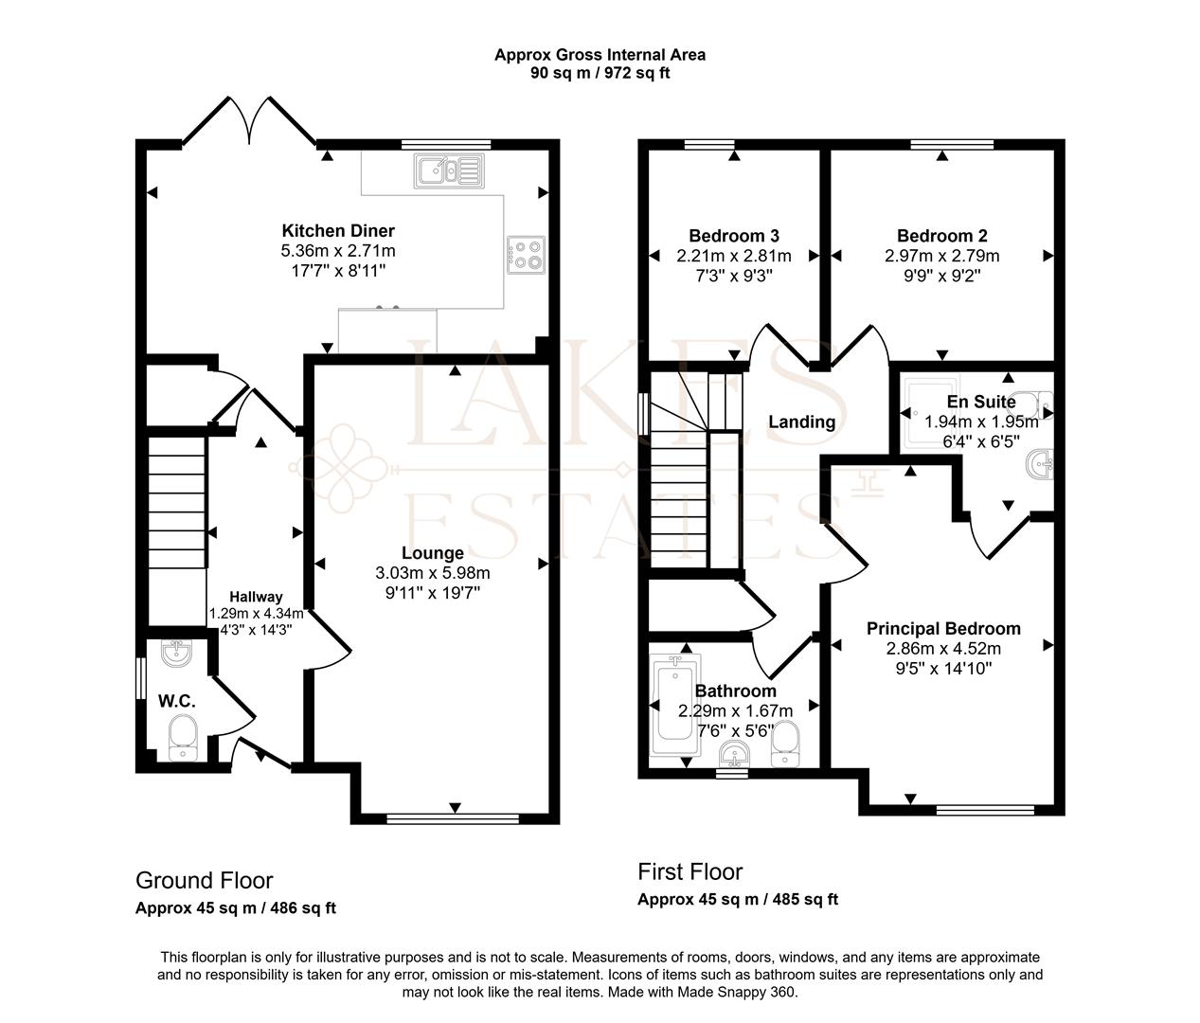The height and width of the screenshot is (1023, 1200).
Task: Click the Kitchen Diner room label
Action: click(338, 231)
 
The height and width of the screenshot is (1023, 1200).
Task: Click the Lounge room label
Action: click(433, 553)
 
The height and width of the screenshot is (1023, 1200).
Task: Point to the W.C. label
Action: click(177, 701)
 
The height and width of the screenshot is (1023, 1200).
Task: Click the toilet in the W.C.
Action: click(182, 737)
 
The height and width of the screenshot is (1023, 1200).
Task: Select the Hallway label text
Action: click(256, 597)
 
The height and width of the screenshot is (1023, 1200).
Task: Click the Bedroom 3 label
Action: click(734, 236)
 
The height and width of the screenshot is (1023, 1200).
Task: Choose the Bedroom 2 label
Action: click(942, 236)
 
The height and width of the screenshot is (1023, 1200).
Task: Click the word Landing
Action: click(801, 422)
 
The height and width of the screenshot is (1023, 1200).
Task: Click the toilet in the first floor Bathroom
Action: click(785, 742)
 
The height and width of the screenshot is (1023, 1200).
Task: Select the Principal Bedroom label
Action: click(943, 629)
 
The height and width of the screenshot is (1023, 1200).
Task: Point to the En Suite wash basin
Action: click(1040, 464)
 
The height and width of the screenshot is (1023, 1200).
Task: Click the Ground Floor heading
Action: click(205, 881)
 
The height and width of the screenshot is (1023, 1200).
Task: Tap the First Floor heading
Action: click(690, 871)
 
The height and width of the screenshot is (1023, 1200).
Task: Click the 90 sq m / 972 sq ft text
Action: click(600, 73)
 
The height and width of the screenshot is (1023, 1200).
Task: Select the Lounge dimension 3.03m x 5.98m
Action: click(433, 573)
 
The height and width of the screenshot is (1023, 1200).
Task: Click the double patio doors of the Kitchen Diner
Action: click(250, 121)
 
